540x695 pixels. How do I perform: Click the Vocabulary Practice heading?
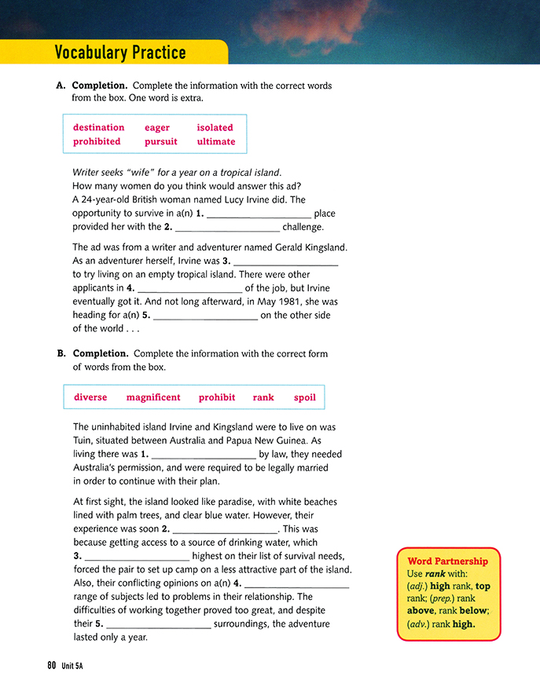[x=120, y=53]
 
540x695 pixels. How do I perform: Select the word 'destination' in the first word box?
[x=98, y=127]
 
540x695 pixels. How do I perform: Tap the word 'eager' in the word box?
[x=157, y=127]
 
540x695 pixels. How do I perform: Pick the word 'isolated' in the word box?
[x=215, y=127]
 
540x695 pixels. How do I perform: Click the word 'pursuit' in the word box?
[x=161, y=141]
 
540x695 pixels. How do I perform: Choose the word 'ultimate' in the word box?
[x=216, y=141]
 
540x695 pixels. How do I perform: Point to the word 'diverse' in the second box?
[x=90, y=397]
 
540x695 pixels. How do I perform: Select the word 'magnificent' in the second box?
[x=153, y=397]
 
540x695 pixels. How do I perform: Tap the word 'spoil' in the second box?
[x=305, y=397]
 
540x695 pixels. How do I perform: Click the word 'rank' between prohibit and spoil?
[x=263, y=397]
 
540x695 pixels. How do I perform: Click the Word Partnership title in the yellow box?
[x=448, y=561]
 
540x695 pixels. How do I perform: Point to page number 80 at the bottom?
[x=51, y=666]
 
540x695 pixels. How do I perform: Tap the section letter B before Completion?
[x=61, y=353]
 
